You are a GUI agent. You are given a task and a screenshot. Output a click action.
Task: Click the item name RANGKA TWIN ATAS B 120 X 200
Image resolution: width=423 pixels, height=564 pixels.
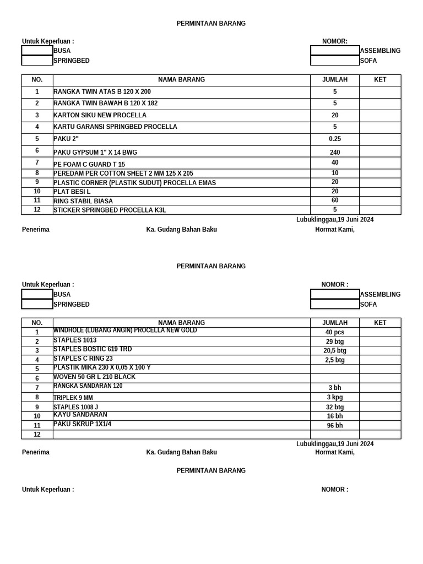pyautogui.click(x=102, y=92)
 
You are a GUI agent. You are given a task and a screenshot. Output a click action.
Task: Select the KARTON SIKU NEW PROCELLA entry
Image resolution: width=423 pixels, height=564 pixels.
pyautogui.click(x=100, y=116)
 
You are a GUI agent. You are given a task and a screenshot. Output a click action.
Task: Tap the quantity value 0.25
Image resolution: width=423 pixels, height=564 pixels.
pyautogui.click(x=334, y=139)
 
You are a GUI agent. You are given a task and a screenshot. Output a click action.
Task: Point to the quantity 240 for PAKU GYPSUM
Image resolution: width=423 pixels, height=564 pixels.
pyautogui.click(x=334, y=153)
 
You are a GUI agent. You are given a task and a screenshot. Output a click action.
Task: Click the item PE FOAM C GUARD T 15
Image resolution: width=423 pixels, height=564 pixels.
pyautogui.click(x=89, y=165)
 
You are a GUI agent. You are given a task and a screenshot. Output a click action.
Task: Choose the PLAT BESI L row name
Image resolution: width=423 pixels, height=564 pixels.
pyautogui.click(x=72, y=192)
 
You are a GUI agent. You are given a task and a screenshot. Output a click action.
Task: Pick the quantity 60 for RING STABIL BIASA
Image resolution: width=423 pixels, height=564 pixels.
pyautogui.click(x=334, y=200)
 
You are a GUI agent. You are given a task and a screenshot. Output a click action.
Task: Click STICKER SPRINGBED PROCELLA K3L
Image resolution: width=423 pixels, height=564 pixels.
pyautogui.click(x=110, y=210)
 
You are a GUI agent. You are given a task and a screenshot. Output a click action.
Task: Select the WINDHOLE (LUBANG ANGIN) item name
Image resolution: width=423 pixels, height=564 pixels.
pyautogui.click(x=125, y=330)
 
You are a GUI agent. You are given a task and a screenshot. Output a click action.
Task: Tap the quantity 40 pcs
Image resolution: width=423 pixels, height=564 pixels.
pyautogui.click(x=334, y=333)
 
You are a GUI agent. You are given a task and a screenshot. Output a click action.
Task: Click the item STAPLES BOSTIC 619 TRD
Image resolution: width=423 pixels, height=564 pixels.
pyautogui.click(x=93, y=349)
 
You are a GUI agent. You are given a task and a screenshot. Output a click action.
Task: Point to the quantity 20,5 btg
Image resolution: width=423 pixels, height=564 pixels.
pyautogui.click(x=334, y=351)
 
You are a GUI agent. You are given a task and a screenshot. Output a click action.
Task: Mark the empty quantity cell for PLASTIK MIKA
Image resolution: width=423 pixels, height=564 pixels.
pyautogui.click(x=334, y=369)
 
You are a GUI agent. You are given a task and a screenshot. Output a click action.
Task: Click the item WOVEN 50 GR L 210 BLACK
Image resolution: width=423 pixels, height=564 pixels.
pyautogui.click(x=94, y=377)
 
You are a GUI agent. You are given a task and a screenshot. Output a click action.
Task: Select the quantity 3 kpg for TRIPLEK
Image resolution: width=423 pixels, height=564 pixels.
pyautogui.click(x=334, y=398)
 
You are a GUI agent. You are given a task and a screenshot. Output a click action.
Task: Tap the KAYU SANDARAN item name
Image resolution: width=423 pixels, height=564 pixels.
pyautogui.click(x=80, y=415)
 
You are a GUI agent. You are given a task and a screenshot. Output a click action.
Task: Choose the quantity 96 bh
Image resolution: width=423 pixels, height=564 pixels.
pyautogui.click(x=334, y=426)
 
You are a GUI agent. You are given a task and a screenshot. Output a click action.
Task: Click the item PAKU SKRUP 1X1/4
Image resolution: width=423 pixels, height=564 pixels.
pyautogui.click(x=82, y=424)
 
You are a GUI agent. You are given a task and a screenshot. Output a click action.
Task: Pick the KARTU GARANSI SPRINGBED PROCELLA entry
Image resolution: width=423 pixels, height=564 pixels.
pyautogui.click(x=115, y=127)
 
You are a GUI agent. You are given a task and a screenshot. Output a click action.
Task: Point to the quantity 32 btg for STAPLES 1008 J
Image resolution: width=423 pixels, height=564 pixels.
pyautogui.click(x=334, y=408)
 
